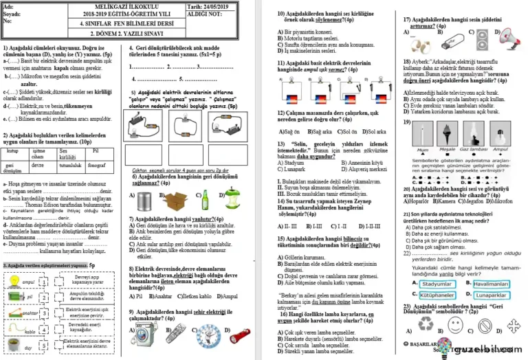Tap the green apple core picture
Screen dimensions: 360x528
[232, 199]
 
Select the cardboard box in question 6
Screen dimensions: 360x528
[177, 200]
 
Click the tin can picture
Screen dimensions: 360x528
[144, 200]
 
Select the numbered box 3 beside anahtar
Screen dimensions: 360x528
[44, 313]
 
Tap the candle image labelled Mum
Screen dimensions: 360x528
[421, 137]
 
